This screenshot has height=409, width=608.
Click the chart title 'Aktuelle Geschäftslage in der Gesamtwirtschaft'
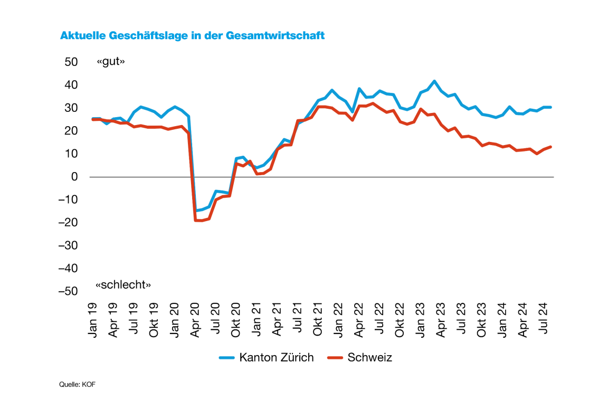(192, 36)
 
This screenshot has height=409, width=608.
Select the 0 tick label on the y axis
(74, 177)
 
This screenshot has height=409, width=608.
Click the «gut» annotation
(110, 62)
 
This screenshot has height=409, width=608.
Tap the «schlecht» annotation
(123, 285)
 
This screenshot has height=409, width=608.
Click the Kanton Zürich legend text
(277, 358)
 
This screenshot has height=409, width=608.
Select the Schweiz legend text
(369, 358)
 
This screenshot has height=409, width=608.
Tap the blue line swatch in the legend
(227, 358)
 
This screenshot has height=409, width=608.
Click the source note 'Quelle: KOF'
(77, 385)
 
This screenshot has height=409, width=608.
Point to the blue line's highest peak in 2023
(434, 81)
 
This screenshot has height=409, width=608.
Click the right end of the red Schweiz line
(551, 147)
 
